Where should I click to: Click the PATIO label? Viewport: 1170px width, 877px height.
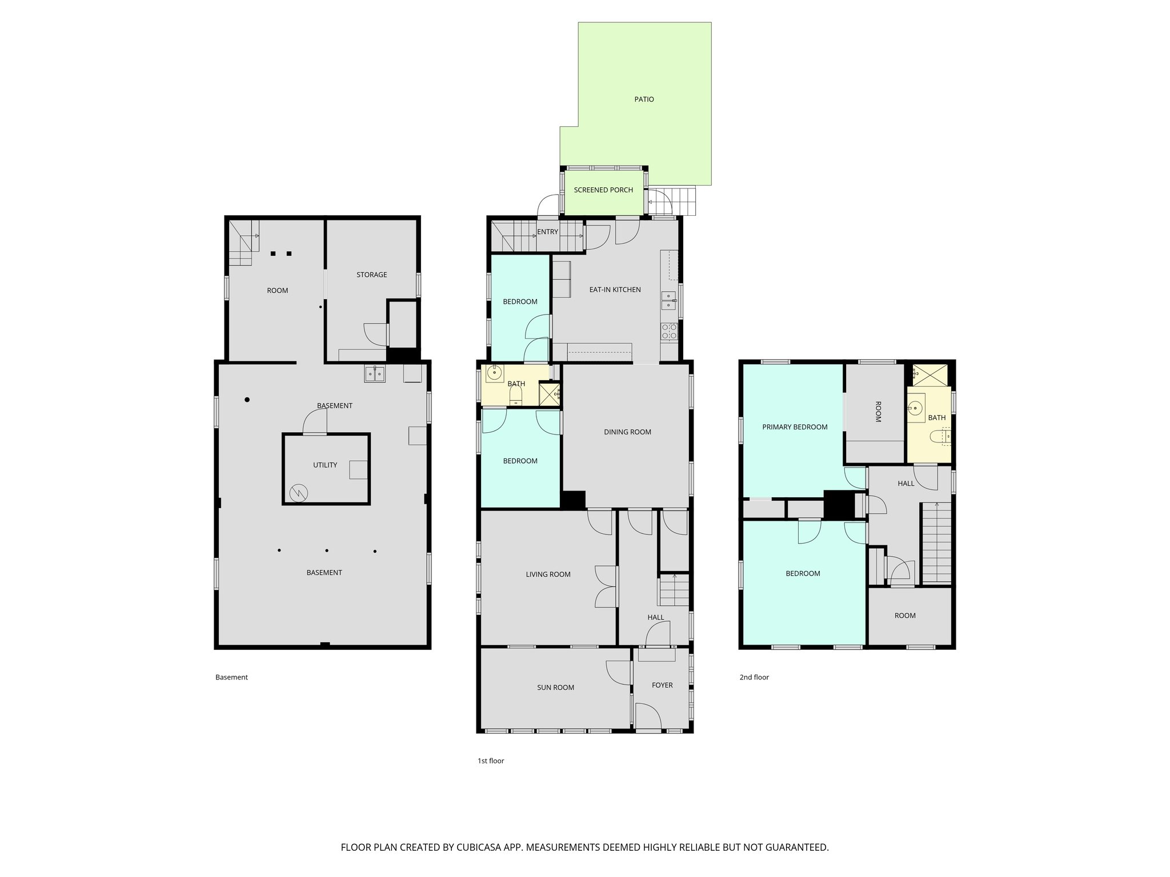[x=644, y=99]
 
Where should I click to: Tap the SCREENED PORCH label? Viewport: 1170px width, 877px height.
[x=603, y=190]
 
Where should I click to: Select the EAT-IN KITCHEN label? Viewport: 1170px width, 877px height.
[x=615, y=289]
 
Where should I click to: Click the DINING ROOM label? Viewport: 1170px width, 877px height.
[x=627, y=432]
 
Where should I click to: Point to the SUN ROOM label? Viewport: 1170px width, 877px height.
[x=555, y=687]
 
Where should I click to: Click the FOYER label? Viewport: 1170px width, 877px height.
[x=662, y=685]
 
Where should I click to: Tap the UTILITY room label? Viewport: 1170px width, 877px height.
[x=324, y=465]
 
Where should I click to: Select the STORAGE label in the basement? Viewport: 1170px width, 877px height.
[x=371, y=275]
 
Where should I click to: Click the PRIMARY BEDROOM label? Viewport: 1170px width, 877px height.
[x=795, y=427]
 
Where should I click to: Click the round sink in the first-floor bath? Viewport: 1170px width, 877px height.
[x=494, y=373]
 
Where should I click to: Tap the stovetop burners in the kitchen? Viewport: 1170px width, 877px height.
[x=668, y=331]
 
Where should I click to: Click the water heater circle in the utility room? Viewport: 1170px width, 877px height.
[x=298, y=493]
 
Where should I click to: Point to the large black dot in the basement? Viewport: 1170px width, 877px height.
[x=247, y=400]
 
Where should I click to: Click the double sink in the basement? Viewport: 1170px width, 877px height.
[x=375, y=373]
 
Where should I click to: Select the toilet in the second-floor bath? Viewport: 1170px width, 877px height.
[x=937, y=437]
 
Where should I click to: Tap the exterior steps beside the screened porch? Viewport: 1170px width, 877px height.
[x=683, y=201]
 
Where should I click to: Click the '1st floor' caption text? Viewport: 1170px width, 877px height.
[x=491, y=761]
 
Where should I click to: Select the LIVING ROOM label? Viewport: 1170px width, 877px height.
[x=548, y=574]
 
